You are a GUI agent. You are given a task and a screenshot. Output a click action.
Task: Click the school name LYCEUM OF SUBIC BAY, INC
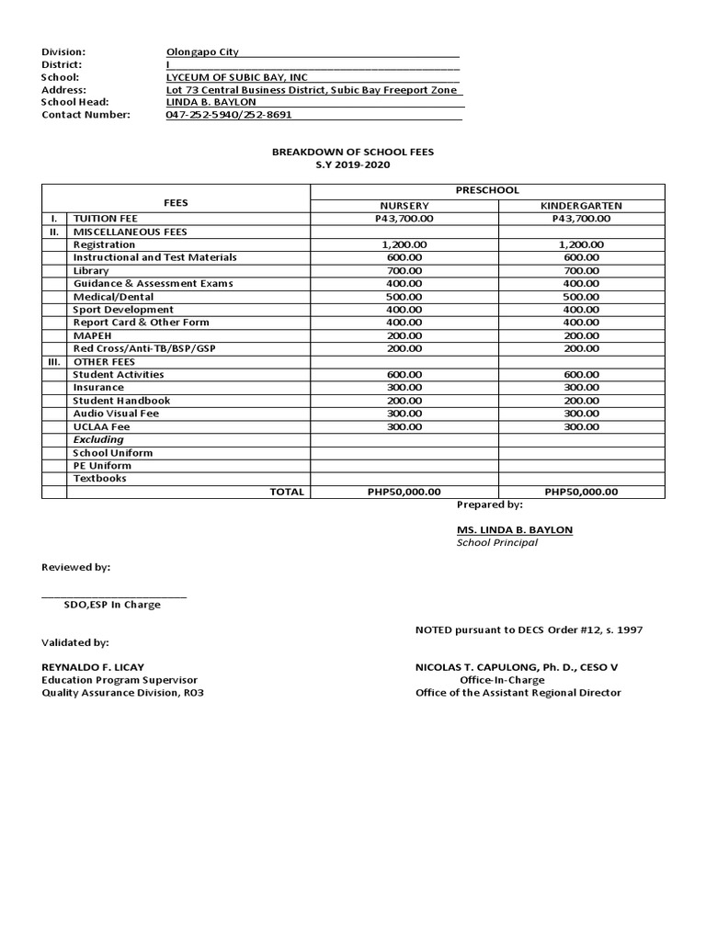[x=237, y=77]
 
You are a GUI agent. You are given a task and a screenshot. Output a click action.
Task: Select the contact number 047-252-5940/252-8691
[x=228, y=115]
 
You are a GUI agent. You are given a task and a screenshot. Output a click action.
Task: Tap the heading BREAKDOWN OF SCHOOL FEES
[x=353, y=151]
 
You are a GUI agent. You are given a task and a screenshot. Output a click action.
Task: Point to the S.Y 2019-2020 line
[x=353, y=164]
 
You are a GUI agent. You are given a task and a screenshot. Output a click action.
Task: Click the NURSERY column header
[x=404, y=206]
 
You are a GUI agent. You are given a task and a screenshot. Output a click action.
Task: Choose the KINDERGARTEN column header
[x=581, y=206]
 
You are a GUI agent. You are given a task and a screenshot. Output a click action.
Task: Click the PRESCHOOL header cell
[x=488, y=190]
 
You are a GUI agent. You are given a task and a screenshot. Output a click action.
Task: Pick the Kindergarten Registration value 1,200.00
[x=581, y=245]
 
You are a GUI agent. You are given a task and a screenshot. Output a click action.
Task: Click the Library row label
[x=91, y=271]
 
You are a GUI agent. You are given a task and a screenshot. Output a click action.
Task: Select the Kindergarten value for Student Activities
[x=581, y=374]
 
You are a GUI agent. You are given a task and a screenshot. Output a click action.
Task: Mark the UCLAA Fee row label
[x=102, y=426]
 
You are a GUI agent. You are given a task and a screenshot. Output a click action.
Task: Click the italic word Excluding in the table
[x=98, y=440]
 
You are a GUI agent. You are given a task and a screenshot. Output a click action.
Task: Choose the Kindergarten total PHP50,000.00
[x=581, y=492]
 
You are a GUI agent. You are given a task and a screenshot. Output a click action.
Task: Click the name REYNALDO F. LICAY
[x=93, y=666]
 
